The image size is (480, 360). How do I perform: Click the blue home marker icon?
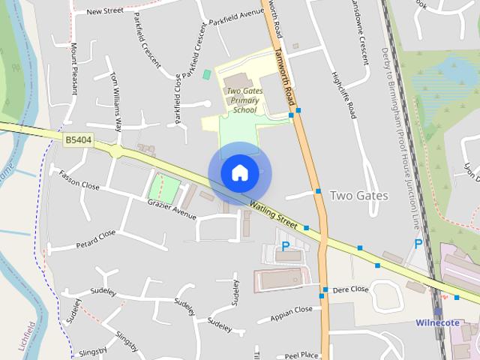239,172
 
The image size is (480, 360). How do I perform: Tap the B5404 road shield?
78,139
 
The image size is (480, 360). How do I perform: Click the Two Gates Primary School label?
244,100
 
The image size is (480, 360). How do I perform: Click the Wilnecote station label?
437,323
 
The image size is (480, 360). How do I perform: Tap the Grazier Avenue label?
171,210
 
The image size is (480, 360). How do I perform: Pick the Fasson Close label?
79,180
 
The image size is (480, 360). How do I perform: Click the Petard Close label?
96,238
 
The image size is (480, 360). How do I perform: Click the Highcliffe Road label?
343,95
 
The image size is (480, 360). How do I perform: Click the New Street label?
105,11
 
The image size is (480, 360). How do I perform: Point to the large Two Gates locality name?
359,196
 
